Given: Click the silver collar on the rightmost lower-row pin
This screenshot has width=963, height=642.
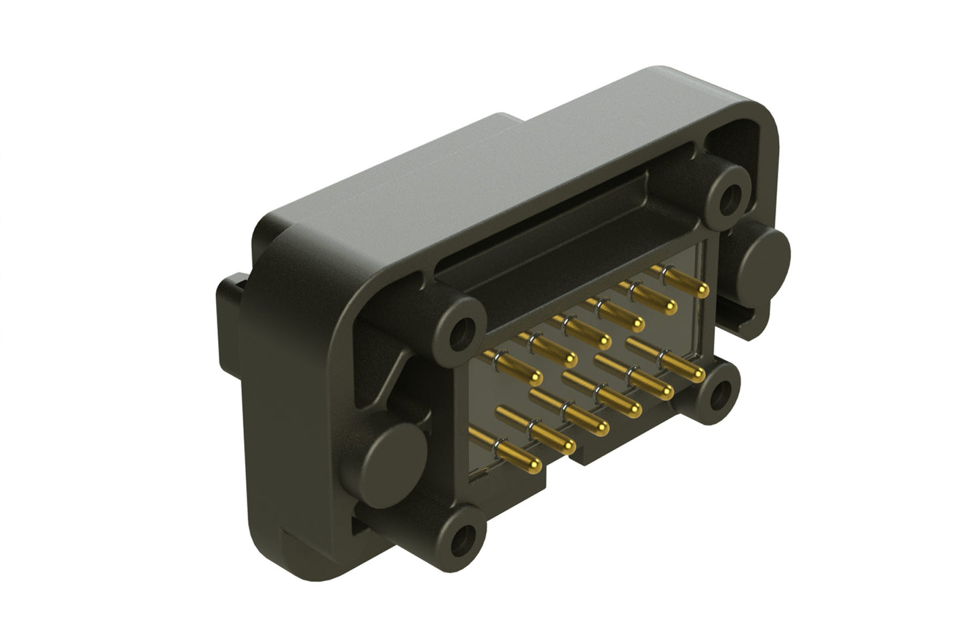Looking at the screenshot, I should click(664, 356).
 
